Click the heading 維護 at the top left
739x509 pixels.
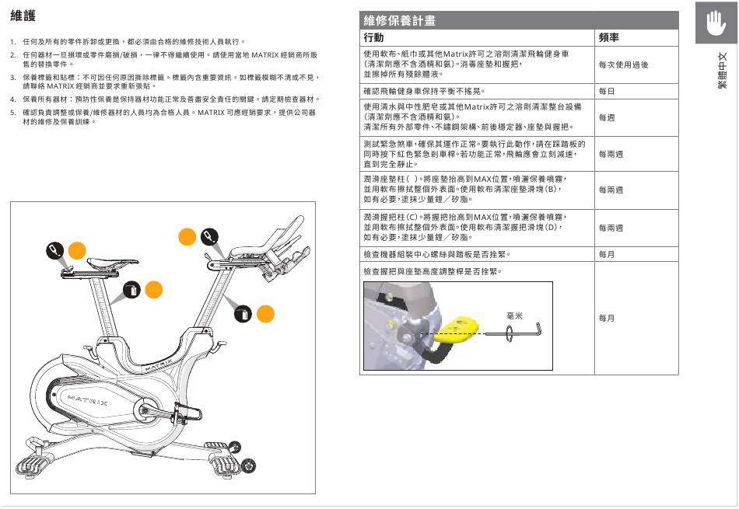point(23,16)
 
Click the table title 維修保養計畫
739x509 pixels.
point(400,20)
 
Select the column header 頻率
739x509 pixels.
point(609,37)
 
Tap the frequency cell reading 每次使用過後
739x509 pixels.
point(623,65)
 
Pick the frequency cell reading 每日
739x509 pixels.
point(607,92)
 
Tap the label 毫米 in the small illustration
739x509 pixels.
point(513,316)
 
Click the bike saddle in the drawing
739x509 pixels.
point(89,264)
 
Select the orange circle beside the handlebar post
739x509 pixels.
point(265,313)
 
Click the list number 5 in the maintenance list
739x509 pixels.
point(13,113)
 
